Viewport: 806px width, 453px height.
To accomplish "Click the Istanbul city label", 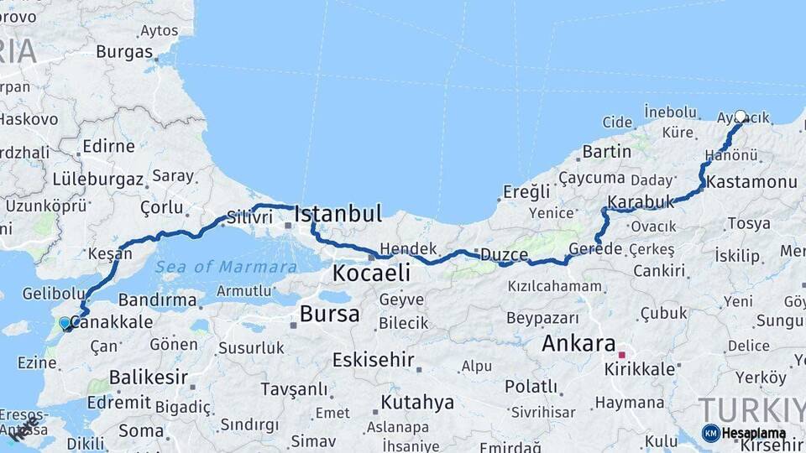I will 338,212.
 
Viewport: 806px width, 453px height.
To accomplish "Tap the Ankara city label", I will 578,343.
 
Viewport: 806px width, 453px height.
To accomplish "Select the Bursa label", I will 329,315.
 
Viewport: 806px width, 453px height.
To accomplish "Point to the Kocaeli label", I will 371,273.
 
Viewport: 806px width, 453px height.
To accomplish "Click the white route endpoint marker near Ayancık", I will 741,117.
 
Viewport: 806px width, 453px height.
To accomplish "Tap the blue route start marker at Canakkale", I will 65,323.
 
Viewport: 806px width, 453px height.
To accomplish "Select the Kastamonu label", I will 751,182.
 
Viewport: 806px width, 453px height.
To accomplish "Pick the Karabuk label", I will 641,202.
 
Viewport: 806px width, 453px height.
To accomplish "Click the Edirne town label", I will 108,146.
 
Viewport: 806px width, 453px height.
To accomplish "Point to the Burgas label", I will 124,51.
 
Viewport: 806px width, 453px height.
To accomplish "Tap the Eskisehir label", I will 374,361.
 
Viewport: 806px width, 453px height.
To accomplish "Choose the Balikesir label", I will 149,377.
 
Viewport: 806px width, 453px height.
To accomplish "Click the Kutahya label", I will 417,403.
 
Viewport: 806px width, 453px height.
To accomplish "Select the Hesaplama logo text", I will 753,434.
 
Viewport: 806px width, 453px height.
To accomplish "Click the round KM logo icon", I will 710,433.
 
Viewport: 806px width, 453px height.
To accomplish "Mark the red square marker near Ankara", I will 621,355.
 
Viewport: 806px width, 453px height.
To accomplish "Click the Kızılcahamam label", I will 554,286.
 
